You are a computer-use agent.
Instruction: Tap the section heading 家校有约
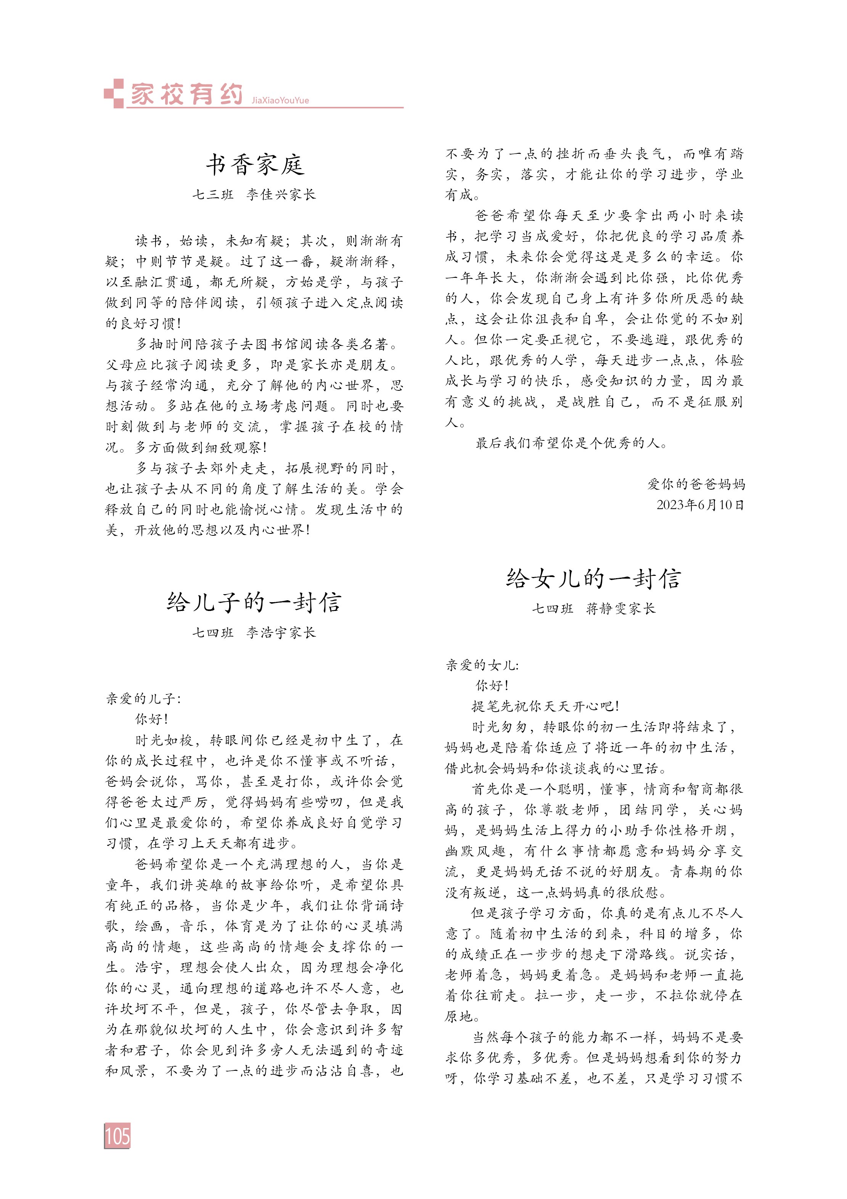tap(186, 94)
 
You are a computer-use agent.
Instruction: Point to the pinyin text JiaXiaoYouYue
tap(280, 100)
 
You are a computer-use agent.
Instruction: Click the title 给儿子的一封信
tap(254, 602)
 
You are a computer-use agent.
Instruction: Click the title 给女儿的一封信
tap(593, 578)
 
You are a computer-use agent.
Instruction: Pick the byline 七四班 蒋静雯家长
tap(593, 608)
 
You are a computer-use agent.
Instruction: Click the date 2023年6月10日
tap(700, 504)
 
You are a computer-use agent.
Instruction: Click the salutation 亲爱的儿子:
tap(143, 699)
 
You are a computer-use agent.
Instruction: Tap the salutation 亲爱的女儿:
tap(482, 665)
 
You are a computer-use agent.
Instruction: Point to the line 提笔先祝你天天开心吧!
tap(545, 706)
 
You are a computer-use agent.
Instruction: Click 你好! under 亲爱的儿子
tap(152, 719)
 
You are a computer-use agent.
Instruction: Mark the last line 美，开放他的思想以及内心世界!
tap(208, 530)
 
